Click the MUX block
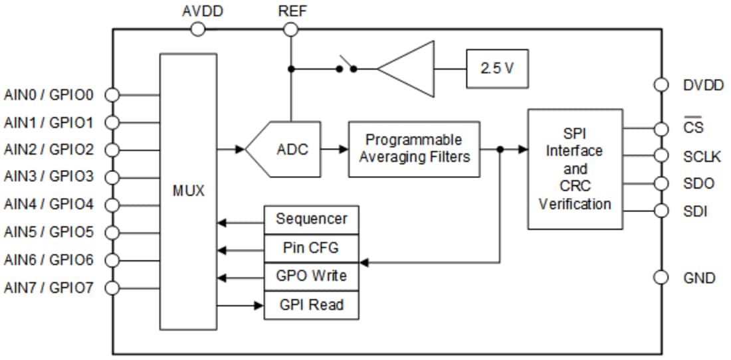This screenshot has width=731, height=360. coord(188,191)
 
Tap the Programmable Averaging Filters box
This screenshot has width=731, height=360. coord(413,149)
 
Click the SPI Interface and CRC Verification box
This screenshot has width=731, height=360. coord(575,169)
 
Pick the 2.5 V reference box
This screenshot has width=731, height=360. coord(497,68)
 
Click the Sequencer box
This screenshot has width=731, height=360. coord(311,219)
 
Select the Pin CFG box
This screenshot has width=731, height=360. coord(311,248)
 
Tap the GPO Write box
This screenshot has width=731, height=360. coord(311,276)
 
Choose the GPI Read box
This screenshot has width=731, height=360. coord(311,305)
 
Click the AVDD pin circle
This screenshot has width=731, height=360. coord(197,29)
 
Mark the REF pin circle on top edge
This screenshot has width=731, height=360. coord(290,29)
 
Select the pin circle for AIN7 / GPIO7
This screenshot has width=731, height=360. coord(112,288)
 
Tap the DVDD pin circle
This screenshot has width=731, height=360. coord(661,84)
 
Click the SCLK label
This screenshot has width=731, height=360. coord(702,156)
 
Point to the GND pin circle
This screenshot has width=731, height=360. coord(661,278)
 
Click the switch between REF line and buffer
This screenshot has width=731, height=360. coord(346,67)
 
